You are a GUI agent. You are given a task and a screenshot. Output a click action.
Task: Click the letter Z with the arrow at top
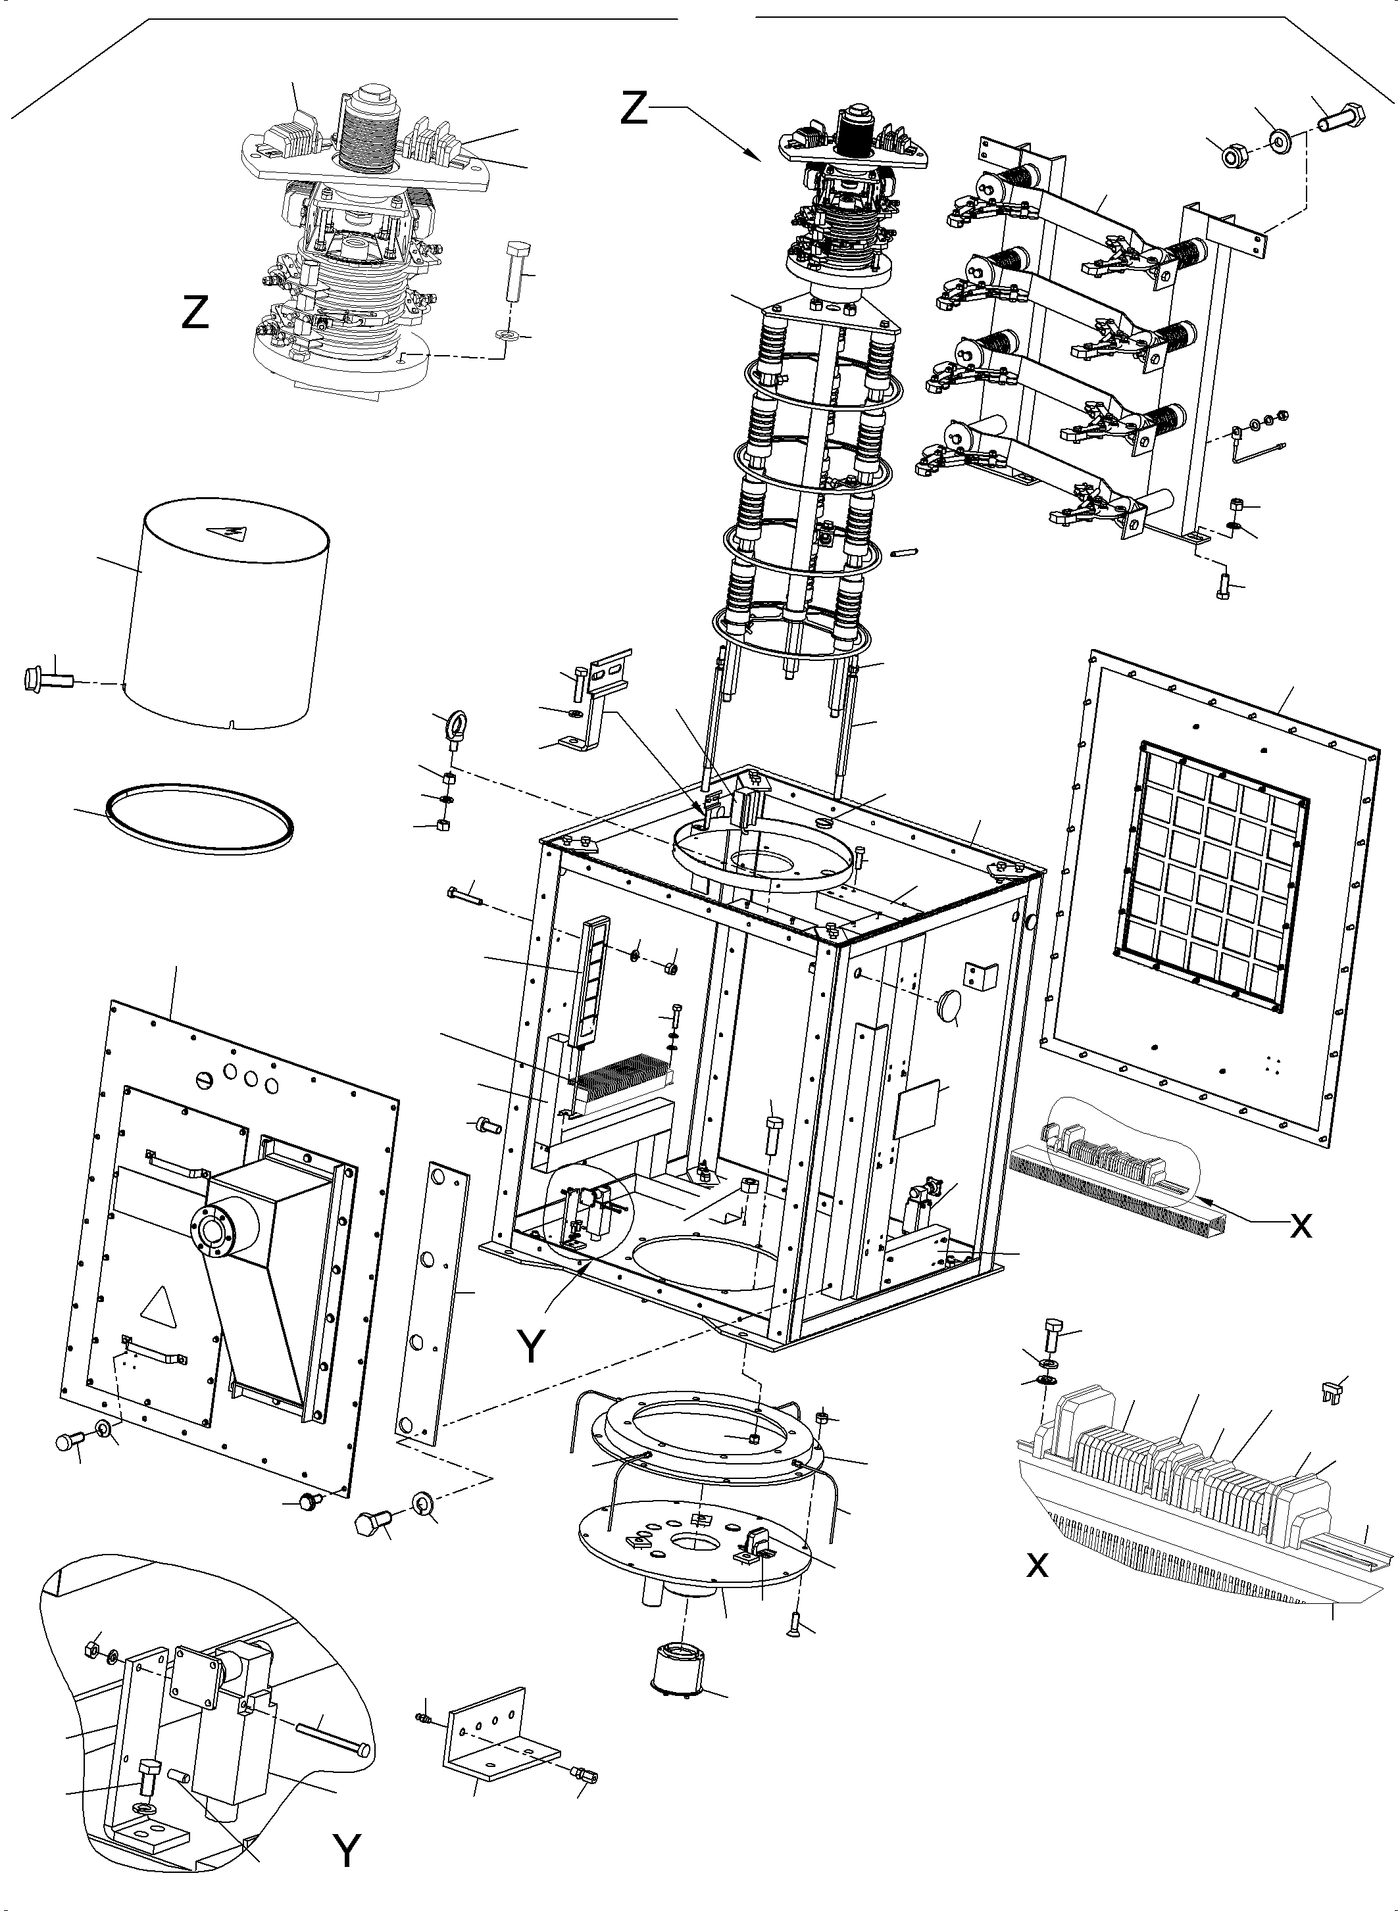click(x=635, y=109)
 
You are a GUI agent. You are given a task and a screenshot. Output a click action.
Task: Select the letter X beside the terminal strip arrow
click(x=1301, y=1226)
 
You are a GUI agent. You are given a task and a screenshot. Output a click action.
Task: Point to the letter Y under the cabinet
click(x=532, y=1347)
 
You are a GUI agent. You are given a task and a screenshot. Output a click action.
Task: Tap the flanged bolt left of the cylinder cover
click(x=47, y=679)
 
